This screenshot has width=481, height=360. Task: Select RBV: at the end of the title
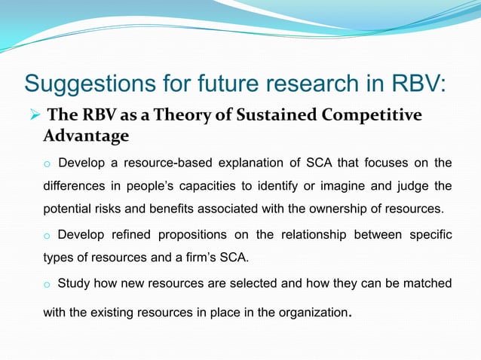pos(420,82)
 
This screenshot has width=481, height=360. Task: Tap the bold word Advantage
pos(86,136)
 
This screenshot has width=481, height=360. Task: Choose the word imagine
pos(327,185)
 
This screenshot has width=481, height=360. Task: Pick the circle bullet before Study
pos(47,285)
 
